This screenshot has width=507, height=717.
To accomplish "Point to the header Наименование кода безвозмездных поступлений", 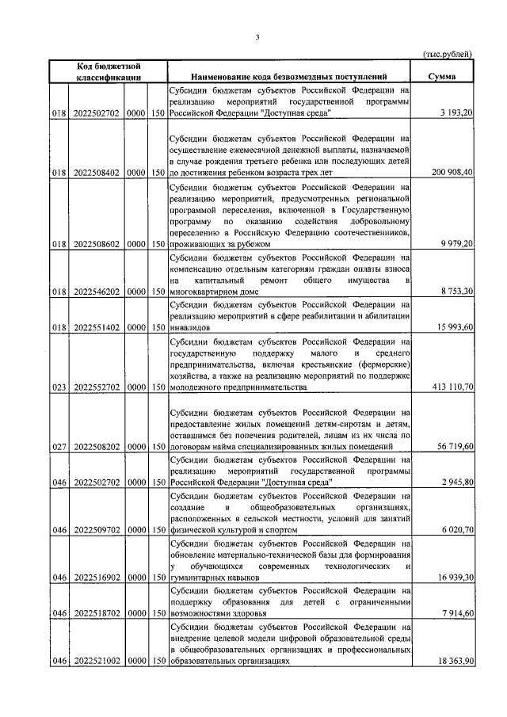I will coord(289,77).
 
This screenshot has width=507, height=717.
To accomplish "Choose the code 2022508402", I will coord(95,172).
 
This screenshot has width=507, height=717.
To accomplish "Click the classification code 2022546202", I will coord(95,292).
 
